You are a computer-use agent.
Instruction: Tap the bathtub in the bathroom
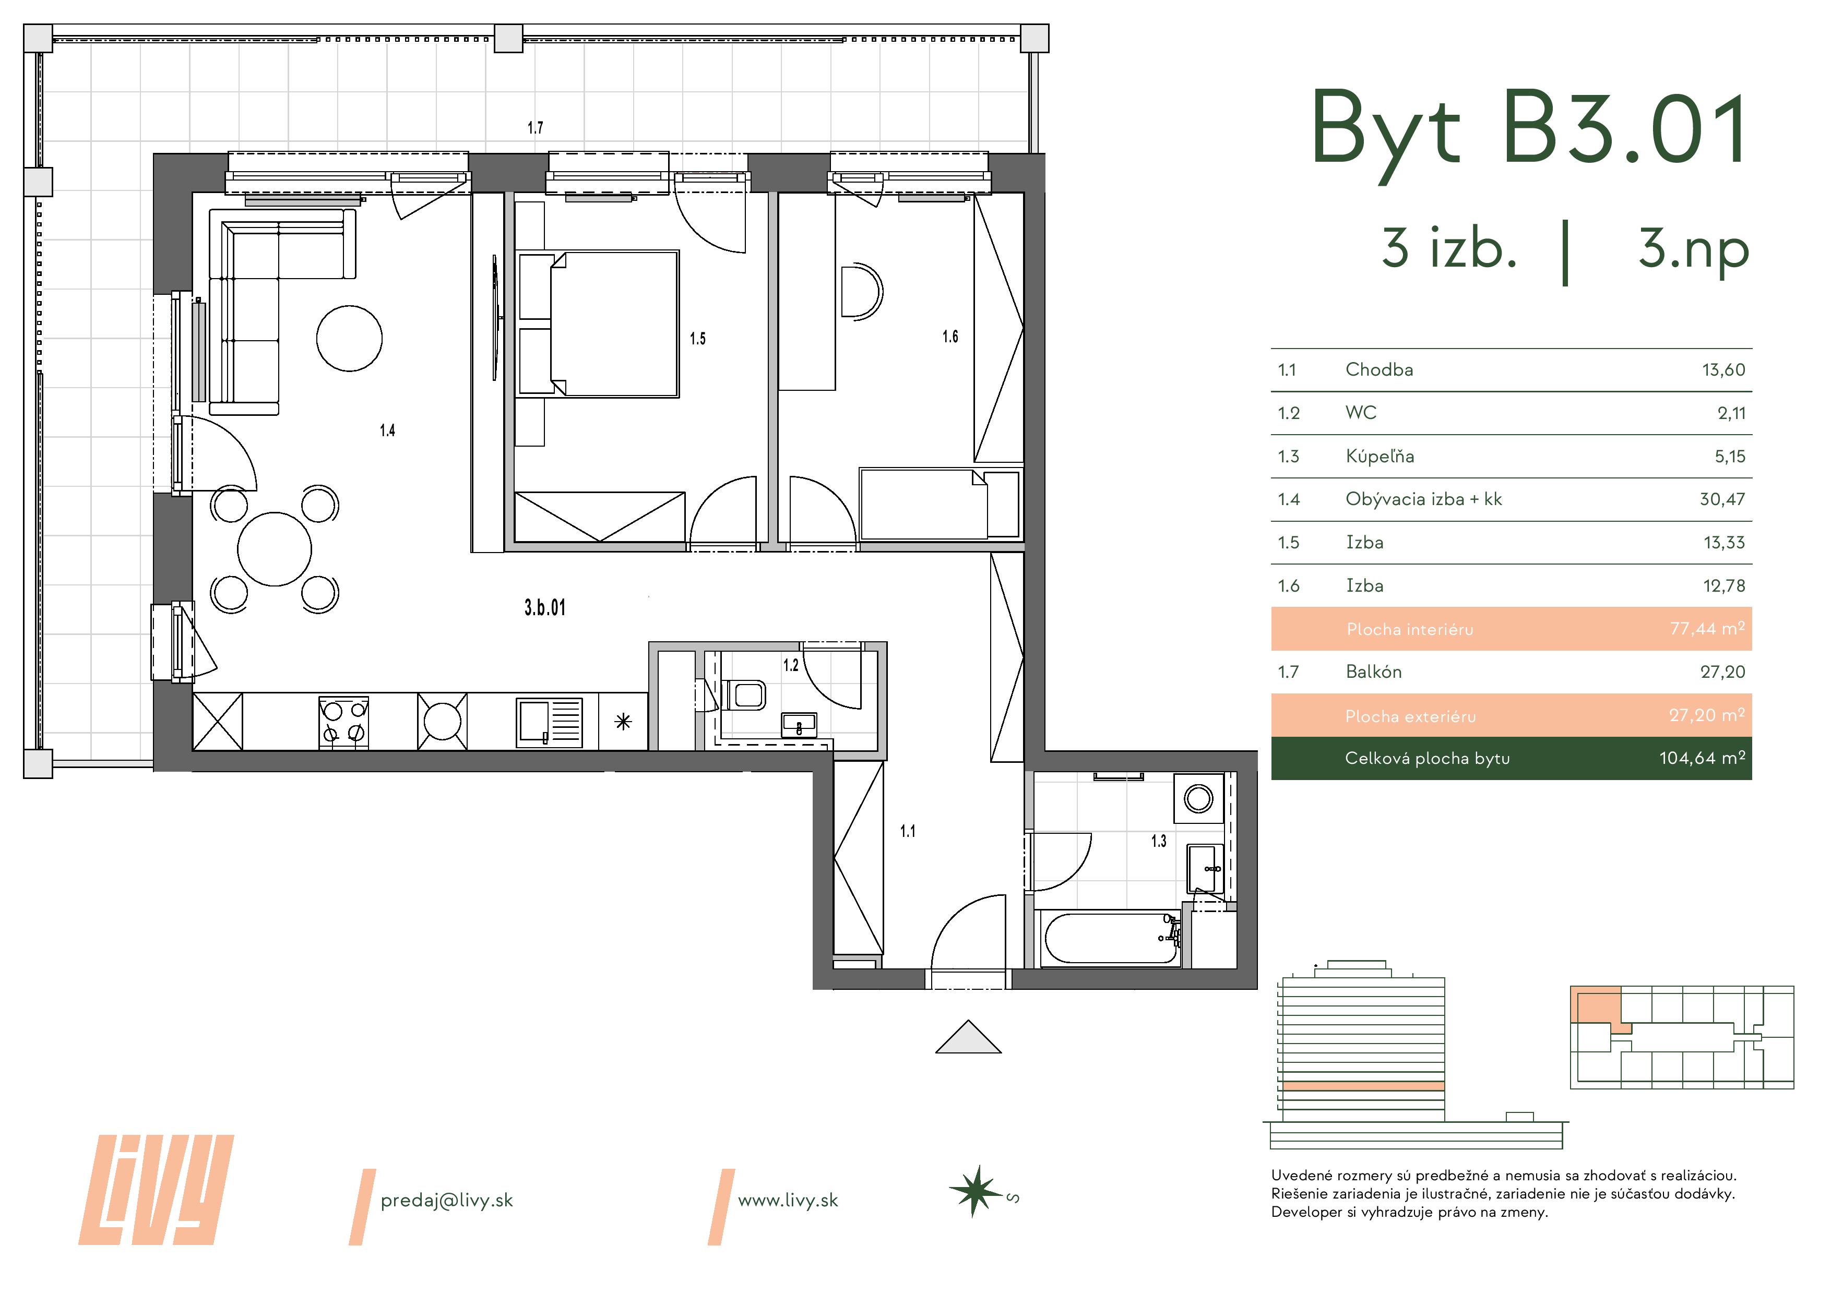tap(1111, 938)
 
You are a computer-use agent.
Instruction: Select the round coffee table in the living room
tap(349, 339)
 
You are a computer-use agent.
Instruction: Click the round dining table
tap(275, 549)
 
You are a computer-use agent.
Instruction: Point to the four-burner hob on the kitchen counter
tap(344, 722)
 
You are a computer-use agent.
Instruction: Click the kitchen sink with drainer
tap(550, 722)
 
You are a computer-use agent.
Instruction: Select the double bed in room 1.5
tap(599, 323)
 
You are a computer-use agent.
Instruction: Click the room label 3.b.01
tap(545, 607)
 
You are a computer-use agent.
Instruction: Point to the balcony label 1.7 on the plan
tap(535, 127)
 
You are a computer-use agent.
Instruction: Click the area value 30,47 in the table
tap(1722, 500)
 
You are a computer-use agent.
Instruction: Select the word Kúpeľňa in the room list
tap(1380, 456)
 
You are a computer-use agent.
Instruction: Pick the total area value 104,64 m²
tap(1702, 758)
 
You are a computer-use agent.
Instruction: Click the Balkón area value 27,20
tap(1722, 672)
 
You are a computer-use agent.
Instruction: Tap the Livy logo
tap(156, 1190)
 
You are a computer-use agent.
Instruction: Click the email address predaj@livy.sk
tap(447, 1201)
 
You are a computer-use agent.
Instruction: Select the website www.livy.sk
tap(788, 1201)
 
